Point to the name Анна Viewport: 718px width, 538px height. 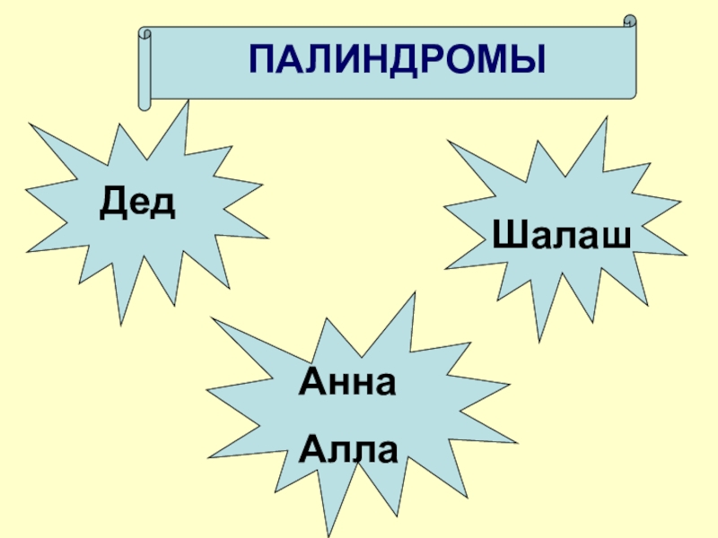[347, 384]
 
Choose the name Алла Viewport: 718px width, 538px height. [347, 446]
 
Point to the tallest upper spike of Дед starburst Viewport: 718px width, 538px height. [188, 102]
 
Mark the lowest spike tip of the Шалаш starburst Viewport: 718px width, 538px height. [538, 341]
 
